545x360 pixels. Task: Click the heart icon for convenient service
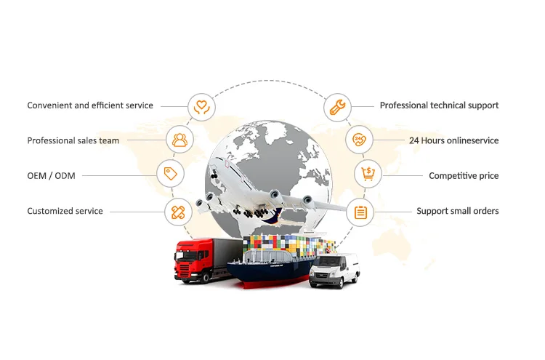coord(201,106)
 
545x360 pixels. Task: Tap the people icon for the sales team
coord(179,139)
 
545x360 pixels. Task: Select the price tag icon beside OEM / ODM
coord(171,173)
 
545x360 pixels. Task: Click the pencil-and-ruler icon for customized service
coord(179,212)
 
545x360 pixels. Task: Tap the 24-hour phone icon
coord(359,140)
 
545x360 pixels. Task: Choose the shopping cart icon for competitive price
coord(368,174)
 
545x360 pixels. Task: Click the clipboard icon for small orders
coord(360,212)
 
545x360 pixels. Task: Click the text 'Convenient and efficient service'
coord(90,105)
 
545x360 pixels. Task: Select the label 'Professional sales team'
coord(73,140)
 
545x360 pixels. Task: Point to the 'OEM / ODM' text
coord(51,175)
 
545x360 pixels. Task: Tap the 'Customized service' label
coord(65,211)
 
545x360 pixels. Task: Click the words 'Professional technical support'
coord(439,105)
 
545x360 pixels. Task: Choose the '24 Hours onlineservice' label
coord(453,140)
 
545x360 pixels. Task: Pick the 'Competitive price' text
coord(464,175)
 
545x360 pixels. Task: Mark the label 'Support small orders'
coord(457,211)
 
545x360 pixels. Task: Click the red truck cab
coord(187,259)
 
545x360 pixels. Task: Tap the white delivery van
coord(335,270)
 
